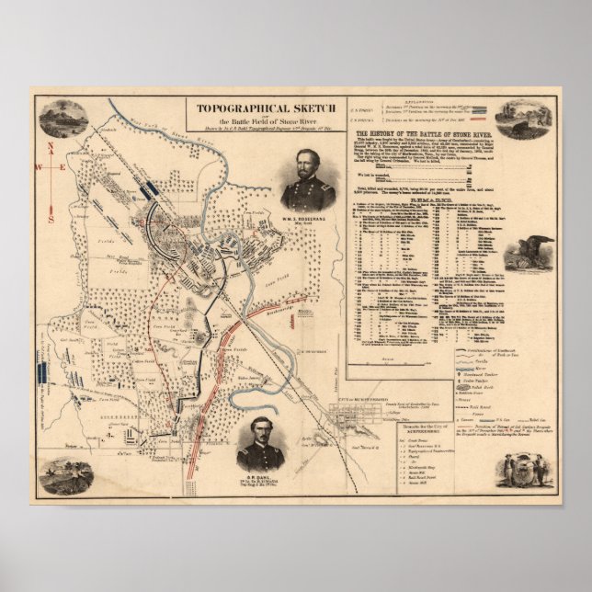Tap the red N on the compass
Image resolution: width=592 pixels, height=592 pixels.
(51, 144)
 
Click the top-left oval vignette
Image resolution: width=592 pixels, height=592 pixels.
(63, 118)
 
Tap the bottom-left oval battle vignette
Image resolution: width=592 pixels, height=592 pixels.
(66, 476)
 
